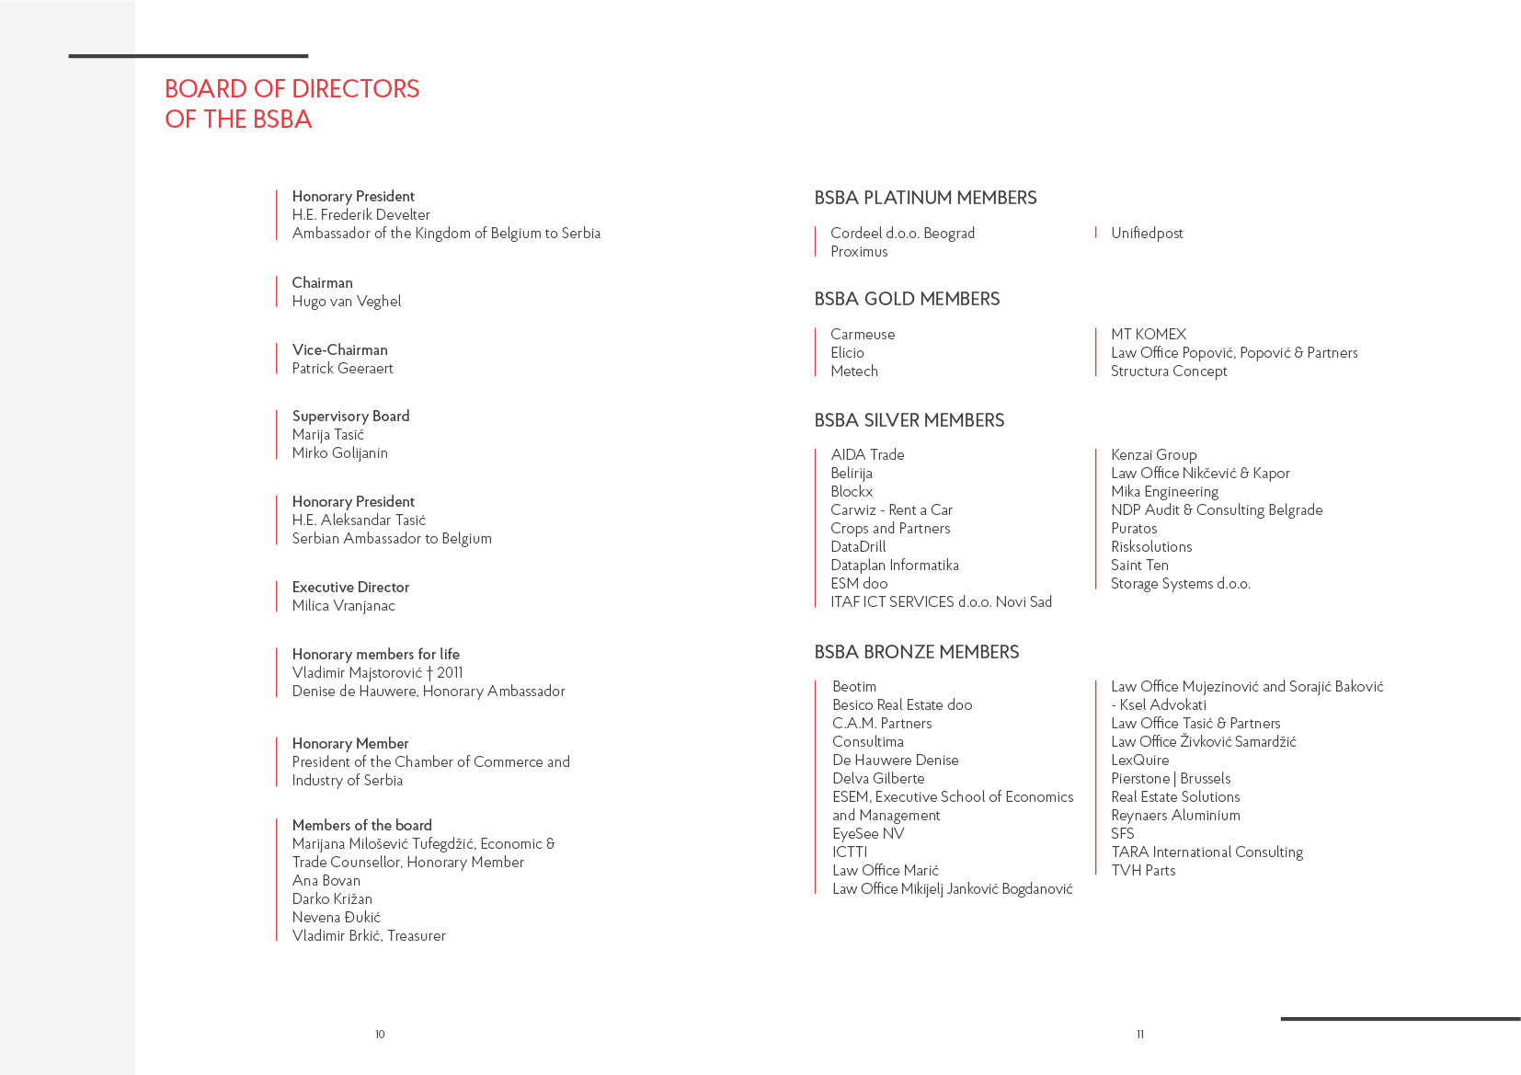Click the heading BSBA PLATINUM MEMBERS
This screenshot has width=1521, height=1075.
pyautogui.click(x=925, y=198)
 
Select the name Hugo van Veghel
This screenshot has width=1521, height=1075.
pyautogui.click(x=346, y=302)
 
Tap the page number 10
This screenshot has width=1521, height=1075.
pyautogui.click(x=380, y=1035)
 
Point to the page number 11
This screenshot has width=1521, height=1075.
pyautogui.click(x=1139, y=1035)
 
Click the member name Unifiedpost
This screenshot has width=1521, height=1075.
pyautogui.click(x=1147, y=234)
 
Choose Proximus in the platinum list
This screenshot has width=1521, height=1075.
pyautogui.click(x=859, y=252)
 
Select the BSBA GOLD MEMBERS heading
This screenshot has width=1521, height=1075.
pyautogui.click(x=907, y=299)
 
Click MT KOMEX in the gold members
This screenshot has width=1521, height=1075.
pyautogui.click(x=1149, y=335)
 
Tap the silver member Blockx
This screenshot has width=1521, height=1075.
pyautogui.click(x=852, y=492)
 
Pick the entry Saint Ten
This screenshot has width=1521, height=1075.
pyautogui.click(x=1139, y=566)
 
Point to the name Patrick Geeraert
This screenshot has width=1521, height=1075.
pyautogui.click(x=342, y=369)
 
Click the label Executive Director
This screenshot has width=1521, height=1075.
pyautogui.click(x=350, y=588)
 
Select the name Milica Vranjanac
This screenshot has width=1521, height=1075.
pyautogui.click(x=343, y=606)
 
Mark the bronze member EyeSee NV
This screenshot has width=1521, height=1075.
pyautogui.click(x=868, y=834)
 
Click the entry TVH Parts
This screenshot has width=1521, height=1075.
pyautogui.click(x=1143, y=871)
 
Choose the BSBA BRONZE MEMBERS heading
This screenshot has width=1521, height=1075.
pyautogui.click(x=917, y=652)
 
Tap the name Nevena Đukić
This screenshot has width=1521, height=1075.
pyautogui.click(x=336, y=918)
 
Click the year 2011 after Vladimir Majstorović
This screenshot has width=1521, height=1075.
pyautogui.click(x=450, y=673)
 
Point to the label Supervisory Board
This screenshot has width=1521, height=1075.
pyautogui.click(x=350, y=417)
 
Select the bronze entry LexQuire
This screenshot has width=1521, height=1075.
pyautogui.click(x=1139, y=761)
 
